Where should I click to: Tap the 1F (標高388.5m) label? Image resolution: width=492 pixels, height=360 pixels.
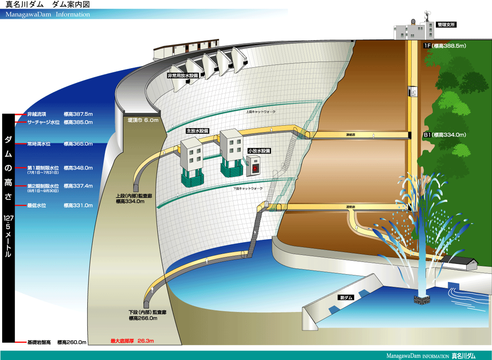444,46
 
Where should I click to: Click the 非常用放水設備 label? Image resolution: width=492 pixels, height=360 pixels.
183,76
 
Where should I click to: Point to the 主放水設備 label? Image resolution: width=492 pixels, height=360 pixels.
198,131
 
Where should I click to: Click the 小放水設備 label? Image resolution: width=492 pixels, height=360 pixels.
259,151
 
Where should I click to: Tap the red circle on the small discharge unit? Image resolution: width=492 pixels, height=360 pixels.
255,169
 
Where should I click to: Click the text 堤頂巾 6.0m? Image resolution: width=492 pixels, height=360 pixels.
143,121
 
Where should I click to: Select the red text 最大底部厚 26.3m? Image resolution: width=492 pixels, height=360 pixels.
131,341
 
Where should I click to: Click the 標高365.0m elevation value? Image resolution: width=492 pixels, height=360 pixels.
78,144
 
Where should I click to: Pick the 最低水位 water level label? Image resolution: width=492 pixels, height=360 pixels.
37,205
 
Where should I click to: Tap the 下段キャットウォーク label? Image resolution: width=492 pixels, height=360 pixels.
248,189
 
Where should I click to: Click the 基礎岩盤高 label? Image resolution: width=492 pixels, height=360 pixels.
39,342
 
